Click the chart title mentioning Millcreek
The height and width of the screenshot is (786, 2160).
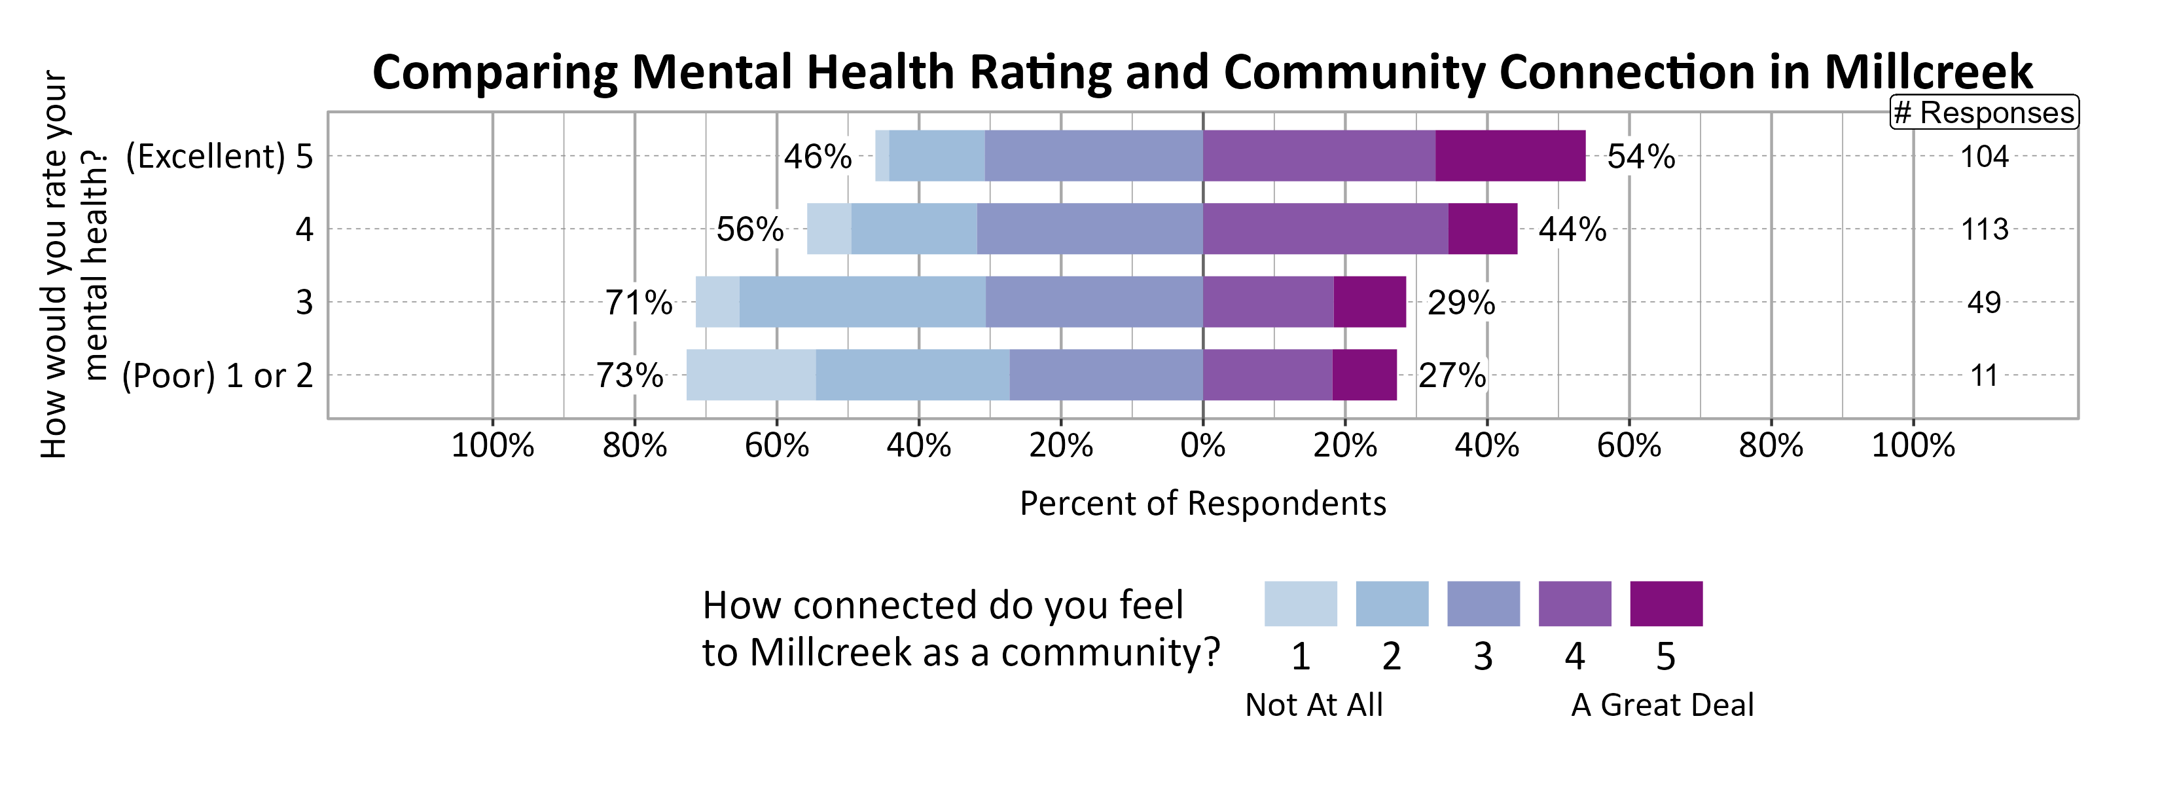point(1202,72)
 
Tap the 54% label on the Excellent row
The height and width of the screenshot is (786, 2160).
point(1640,157)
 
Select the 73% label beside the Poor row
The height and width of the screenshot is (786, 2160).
point(630,375)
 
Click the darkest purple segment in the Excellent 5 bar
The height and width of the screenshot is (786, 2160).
point(1509,156)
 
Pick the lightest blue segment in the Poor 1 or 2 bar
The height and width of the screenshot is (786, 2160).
point(751,375)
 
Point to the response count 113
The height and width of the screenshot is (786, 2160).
point(1984,229)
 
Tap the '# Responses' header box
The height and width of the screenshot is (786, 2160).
point(1984,113)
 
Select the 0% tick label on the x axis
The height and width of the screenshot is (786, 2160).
point(1202,445)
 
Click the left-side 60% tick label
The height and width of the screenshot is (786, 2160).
point(776,445)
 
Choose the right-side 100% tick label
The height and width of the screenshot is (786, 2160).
point(1913,445)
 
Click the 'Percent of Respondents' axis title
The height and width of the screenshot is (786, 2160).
point(1202,503)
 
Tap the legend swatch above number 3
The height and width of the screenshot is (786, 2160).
point(1483,603)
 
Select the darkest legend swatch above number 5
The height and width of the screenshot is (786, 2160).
point(1665,603)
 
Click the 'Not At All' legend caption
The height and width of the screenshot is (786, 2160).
point(1313,705)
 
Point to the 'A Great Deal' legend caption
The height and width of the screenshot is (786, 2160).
point(1662,705)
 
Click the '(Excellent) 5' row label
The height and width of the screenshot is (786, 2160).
point(219,157)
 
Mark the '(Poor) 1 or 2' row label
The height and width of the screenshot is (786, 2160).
point(217,376)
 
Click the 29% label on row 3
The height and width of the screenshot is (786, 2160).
point(1461,303)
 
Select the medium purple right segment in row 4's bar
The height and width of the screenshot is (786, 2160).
point(1325,229)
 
